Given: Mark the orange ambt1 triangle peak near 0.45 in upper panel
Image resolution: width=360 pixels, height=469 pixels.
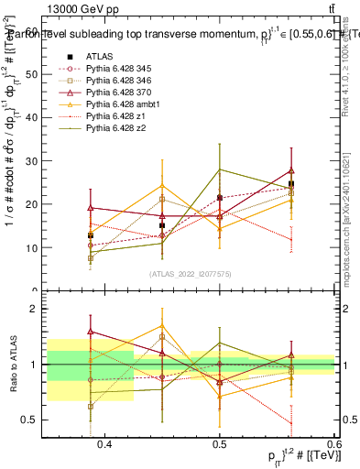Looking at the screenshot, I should (x=162, y=186).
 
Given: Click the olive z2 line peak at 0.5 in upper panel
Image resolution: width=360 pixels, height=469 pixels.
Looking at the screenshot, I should (x=220, y=169).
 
